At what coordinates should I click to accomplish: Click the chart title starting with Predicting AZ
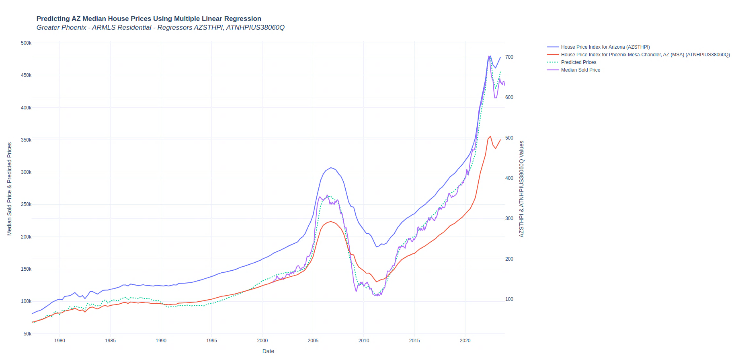[x=149, y=19]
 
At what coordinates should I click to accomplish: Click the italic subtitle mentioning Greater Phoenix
[x=160, y=27]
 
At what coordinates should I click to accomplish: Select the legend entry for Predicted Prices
[x=578, y=62]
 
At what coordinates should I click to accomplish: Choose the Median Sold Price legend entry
[x=580, y=70]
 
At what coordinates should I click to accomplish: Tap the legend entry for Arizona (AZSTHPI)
[x=605, y=47]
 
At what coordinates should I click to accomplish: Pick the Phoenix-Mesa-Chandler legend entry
[x=645, y=55]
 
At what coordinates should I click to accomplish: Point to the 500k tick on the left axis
[x=26, y=43]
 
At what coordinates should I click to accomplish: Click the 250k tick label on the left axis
[x=26, y=204]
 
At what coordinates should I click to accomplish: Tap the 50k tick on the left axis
[x=27, y=334]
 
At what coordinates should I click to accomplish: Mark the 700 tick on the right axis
[x=509, y=57]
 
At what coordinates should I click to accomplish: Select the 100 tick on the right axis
[x=509, y=299]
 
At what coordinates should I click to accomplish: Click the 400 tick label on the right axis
[x=509, y=178]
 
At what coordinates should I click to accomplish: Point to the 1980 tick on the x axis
[x=59, y=341]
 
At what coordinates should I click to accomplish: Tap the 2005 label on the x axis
[x=313, y=341]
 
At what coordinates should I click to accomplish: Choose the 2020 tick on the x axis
[x=465, y=341]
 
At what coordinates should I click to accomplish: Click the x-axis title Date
[x=268, y=351]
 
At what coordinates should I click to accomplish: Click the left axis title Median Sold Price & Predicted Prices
[x=10, y=189]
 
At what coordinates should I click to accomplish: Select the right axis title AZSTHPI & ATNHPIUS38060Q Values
[x=522, y=189]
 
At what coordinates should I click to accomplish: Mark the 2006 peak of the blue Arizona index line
[x=331, y=168]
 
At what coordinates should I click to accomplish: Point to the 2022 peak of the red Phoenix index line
[x=490, y=136]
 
